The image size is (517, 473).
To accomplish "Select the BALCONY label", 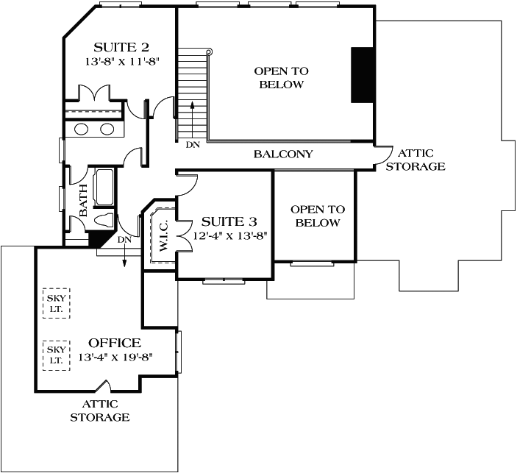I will click(x=283, y=154).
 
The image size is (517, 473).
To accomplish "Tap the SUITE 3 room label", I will click(x=227, y=221).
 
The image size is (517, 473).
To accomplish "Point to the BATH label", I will click(x=83, y=200).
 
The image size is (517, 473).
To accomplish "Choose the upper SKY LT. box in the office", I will click(x=56, y=302).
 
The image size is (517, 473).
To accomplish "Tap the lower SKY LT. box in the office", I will click(x=56, y=355).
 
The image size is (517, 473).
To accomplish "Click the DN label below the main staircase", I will click(x=193, y=145).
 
